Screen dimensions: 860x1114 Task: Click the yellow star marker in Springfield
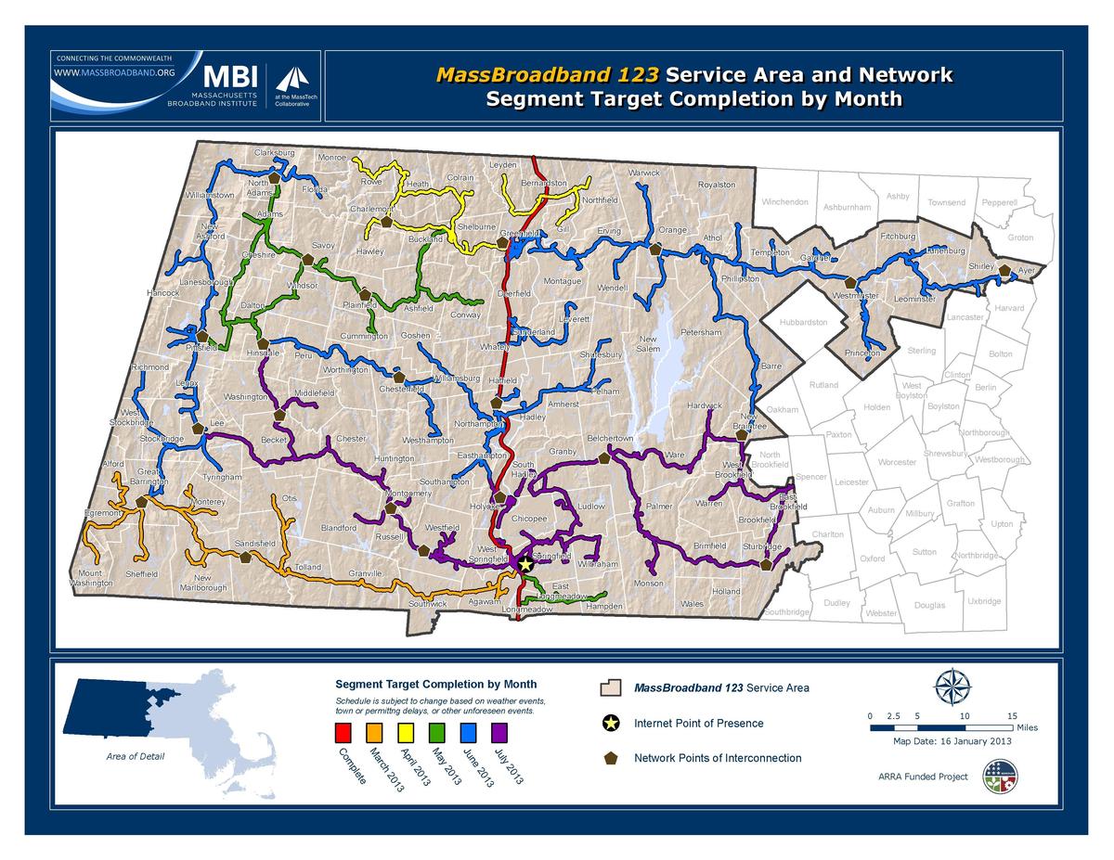click(525, 563)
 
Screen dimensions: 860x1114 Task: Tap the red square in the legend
click(343, 734)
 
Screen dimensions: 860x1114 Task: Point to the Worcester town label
click(897, 462)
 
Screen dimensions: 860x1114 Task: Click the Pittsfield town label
click(201, 348)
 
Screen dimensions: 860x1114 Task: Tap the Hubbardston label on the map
click(803, 323)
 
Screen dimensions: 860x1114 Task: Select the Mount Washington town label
click(91, 579)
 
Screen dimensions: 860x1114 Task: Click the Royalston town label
click(716, 185)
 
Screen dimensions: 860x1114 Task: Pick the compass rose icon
click(952, 687)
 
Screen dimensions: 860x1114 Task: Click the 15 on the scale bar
click(1013, 716)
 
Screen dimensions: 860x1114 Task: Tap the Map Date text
click(952, 741)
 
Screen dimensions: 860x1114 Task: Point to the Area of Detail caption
click(136, 756)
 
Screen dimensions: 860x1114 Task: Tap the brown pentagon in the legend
click(611, 758)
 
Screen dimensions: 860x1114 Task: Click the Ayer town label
click(1026, 271)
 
